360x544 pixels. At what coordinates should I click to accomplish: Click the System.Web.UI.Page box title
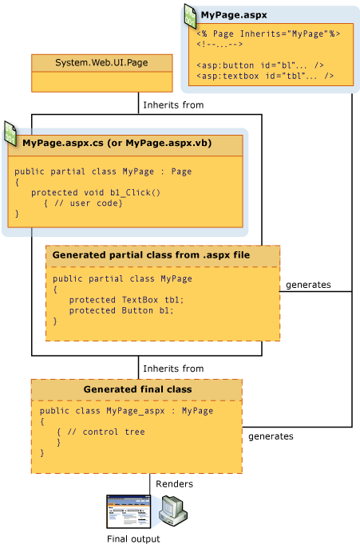(x=101, y=63)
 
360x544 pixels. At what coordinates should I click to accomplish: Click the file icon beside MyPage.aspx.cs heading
(x=10, y=134)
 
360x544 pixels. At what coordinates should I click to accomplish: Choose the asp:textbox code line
(x=263, y=76)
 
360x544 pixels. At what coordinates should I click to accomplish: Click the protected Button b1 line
(x=121, y=310)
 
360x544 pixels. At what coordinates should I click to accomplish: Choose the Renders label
(x=172, y=484)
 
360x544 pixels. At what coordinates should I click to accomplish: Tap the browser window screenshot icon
(x=128, y=511)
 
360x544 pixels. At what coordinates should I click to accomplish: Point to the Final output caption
(x=133, y=538)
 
